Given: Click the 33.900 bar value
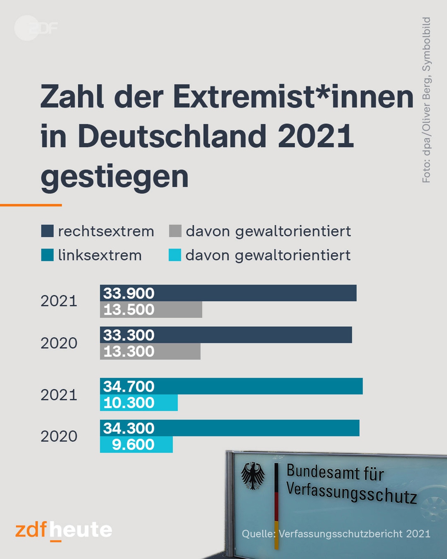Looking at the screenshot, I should click(x=129, y=293).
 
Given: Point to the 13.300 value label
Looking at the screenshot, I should click(x=129, y=351).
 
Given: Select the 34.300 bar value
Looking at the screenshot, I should click(x=129, y=428).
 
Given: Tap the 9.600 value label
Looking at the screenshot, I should click(x=133, y=445).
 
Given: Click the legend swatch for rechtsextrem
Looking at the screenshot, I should click(x=47, y=231).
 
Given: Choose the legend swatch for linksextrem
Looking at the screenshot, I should click(x=47, y=255).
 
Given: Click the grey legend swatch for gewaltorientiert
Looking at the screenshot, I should click(x=175, y=231).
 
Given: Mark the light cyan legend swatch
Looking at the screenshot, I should click(x=175, y=255).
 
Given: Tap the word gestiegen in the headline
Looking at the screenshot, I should click(x=115, y=176).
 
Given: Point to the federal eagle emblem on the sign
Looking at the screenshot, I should click(x=252, y=476).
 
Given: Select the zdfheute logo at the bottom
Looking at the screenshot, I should click(x=64, y=530).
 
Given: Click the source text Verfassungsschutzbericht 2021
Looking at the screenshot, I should click(x=354, y=534).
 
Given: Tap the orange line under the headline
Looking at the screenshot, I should click(x=31, y=205).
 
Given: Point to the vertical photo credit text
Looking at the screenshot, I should click(x=426, y=100).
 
